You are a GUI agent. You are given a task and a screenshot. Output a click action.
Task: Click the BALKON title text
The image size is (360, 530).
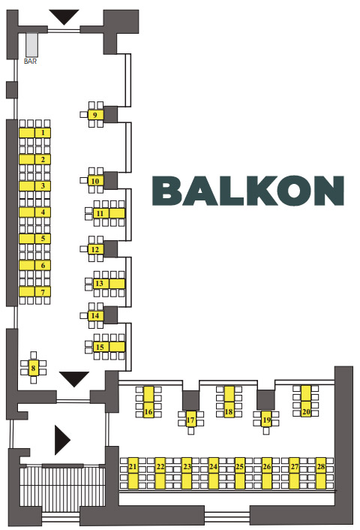click(248, 190)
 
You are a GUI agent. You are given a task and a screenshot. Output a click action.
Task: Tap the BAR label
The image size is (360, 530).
click(30, 62)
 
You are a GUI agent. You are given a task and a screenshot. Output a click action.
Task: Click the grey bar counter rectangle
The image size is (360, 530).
click(32, 45)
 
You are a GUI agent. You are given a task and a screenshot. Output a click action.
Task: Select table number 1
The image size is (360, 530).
click(34, 133)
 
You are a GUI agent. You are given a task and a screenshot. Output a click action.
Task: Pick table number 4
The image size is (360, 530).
click(34, 212)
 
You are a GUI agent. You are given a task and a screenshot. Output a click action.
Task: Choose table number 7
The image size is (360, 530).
click(34, 292)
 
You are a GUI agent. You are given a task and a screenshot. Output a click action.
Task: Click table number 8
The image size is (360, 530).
click(33, 368)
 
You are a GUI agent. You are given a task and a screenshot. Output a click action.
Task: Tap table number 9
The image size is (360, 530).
click(95, 115)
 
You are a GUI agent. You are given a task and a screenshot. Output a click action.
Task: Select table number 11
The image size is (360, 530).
click(109, 213)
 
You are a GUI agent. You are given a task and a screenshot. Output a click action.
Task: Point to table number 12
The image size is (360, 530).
click(95, 249)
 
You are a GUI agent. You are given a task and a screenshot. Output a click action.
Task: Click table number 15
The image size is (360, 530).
click(109, 347)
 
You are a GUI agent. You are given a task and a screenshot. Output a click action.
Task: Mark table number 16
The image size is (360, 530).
click(148, 402)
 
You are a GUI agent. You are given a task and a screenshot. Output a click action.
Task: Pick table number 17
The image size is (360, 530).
click(190, 420)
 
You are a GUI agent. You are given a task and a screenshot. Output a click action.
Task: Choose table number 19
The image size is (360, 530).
click(266, 420)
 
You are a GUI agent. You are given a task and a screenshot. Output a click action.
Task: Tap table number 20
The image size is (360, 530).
click(306, 401)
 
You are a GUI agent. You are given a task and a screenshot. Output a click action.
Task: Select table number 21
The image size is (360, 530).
click(133, 473)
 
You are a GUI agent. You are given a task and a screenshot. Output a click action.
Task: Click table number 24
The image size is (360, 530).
click(213, 473)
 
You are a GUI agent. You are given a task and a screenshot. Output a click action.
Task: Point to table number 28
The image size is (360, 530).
click(321, 473)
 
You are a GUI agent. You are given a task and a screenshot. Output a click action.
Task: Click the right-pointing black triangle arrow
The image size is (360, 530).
click(62, 441)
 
